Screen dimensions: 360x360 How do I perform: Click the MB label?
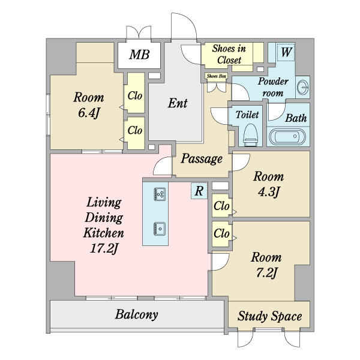tap(139, 55)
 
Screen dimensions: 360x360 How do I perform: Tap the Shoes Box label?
tap(217, 76)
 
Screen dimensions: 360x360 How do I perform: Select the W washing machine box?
tap(286, 52)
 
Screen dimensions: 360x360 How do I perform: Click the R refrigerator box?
tap(199, 191)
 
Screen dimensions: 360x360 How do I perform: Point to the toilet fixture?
tap(250, 135)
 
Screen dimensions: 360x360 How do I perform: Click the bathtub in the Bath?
tap(287, 137)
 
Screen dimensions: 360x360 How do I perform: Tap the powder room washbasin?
tap(303, 87)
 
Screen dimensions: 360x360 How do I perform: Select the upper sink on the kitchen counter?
tap(160, 194)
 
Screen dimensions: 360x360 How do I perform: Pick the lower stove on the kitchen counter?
tap(160, 229)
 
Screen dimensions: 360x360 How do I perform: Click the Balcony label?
tap(136, 314)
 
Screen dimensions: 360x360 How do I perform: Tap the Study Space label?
tap(269, 316)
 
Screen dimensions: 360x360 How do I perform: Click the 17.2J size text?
tap(104, 248)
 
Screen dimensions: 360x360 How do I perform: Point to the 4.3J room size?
tap(268, 192)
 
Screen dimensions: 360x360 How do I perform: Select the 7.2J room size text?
tap(266, 273)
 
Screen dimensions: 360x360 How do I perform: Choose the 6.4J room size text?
tap(89, 113)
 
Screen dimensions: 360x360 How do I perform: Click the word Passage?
tap(202, 159)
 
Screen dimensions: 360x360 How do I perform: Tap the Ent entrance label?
tap(178, 103)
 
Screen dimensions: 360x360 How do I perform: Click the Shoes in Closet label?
tap(229, 54)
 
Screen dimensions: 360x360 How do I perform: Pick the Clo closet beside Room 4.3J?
tap(221, 206)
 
